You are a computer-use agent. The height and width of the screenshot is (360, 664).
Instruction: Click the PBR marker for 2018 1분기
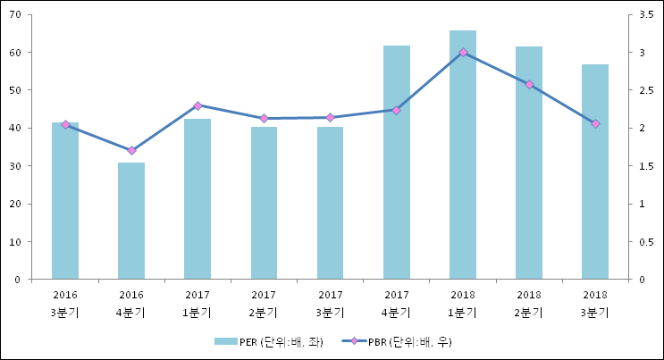[x=463, y=53]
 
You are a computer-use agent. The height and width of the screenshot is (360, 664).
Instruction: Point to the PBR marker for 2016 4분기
[x=131, y=150]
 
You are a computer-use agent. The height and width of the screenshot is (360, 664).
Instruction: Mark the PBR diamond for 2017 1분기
[x=198, y=105]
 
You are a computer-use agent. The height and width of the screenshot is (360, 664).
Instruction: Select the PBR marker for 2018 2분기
[x=529, y=85]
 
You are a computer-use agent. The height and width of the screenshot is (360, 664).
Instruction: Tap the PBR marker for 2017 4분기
[x=397, y=110]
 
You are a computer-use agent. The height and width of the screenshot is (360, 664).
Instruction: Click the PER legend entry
[x=268, y=341]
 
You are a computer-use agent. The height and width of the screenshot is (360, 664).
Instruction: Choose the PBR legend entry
[x=402, y=341]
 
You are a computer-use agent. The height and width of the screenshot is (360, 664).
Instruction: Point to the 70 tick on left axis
[x=16, y=14]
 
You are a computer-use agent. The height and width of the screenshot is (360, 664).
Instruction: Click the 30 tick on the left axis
[x=16, y=166]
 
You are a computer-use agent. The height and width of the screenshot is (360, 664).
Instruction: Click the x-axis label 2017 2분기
[x=264, y=303]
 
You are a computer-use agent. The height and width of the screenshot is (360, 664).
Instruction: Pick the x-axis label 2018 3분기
[x=595, y=303]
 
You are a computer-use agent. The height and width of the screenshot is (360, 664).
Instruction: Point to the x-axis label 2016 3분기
[x=65, y=303]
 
